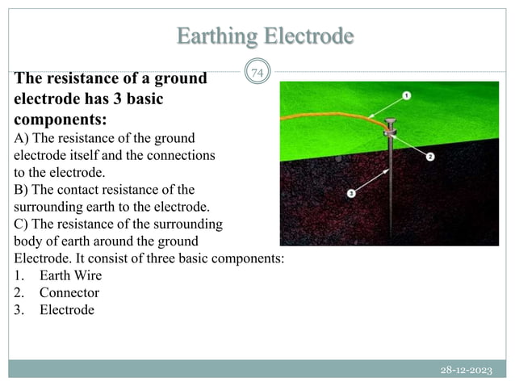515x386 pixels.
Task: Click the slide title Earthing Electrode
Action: click(x=265, y=36)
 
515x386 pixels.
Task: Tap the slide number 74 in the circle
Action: click(x=257, y=74)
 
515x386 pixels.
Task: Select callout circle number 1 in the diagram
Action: click(x=405, y=95)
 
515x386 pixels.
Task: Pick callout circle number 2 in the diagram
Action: click(x=430, y=156)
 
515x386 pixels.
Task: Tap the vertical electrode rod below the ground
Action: click(x=391, y=194)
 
